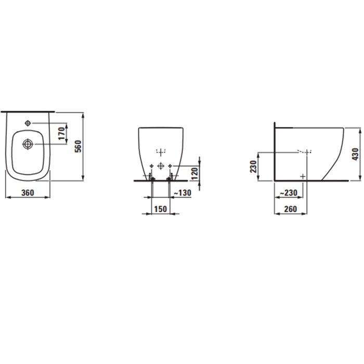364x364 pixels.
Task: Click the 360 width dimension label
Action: pyautogui.click(x=28, y=193)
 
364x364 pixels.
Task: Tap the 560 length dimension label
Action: pyautogui.click(x=79, y=146)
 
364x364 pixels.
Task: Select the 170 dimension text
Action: pyautogui.click(x=62, y=134)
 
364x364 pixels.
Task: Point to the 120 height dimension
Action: pyautogui.click(x=195, y=174)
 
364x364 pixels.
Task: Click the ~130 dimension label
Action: pyautogui.click(x=183, y=193)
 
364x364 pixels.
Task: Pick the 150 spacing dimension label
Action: pyautogui.click(x=160, y=209)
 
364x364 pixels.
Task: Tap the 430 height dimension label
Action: pyautogui.click(x=355, y=154)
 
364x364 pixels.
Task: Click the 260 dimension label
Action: pyautogui.click(x=291, y=209)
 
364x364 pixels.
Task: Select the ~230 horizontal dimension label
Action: pyautogui.click(x=289, y=193)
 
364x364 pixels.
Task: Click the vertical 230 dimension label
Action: pyautogui.click(x=253, y=166)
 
